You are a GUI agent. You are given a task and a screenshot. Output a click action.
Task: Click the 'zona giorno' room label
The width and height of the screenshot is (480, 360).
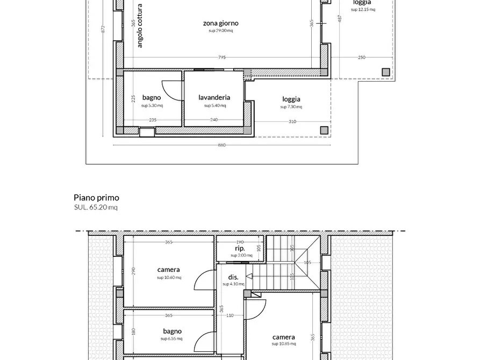coord(220,23)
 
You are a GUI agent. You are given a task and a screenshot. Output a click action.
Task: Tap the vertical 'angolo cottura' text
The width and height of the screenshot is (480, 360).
coord(140,26)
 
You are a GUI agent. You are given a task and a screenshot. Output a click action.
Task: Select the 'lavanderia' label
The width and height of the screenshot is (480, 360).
coord(214,97)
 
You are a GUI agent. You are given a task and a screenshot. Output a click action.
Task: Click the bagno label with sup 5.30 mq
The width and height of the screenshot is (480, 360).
coord(152,97)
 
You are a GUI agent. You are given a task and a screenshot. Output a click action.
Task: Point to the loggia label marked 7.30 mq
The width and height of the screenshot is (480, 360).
coord(291,99)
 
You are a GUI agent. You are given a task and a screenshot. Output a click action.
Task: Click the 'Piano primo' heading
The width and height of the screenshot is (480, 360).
coord(96,198)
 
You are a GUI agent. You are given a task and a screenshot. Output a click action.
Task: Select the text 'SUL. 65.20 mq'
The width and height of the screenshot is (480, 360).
coord(96,207)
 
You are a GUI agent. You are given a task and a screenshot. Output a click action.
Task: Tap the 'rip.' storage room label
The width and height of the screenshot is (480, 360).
coord(240,249)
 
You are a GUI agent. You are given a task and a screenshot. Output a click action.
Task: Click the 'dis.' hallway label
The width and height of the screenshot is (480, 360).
coord(233,277)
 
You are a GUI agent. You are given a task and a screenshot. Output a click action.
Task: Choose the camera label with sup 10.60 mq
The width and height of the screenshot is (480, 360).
coord(169,270)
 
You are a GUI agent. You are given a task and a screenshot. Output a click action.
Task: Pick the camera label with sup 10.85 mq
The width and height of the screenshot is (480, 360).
coord(283,337)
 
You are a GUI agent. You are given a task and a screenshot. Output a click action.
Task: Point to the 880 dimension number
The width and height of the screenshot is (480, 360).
coord(222,145)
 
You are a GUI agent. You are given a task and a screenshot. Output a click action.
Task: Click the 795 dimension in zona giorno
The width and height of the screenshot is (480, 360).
coord(222,57)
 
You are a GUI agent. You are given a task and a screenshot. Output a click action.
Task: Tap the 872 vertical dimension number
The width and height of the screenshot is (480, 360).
coord(103,30)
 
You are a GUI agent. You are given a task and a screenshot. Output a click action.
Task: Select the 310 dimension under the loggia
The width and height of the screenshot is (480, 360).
coord(292,121)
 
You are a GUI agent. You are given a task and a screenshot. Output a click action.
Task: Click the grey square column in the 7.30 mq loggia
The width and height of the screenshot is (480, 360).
coord(324,130)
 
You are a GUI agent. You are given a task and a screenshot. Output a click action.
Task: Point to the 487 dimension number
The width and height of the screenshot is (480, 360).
coord(340,19)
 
